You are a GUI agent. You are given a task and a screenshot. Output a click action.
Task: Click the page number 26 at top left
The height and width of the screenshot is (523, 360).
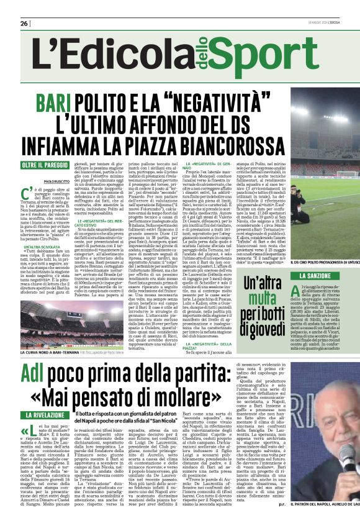[24, 23]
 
